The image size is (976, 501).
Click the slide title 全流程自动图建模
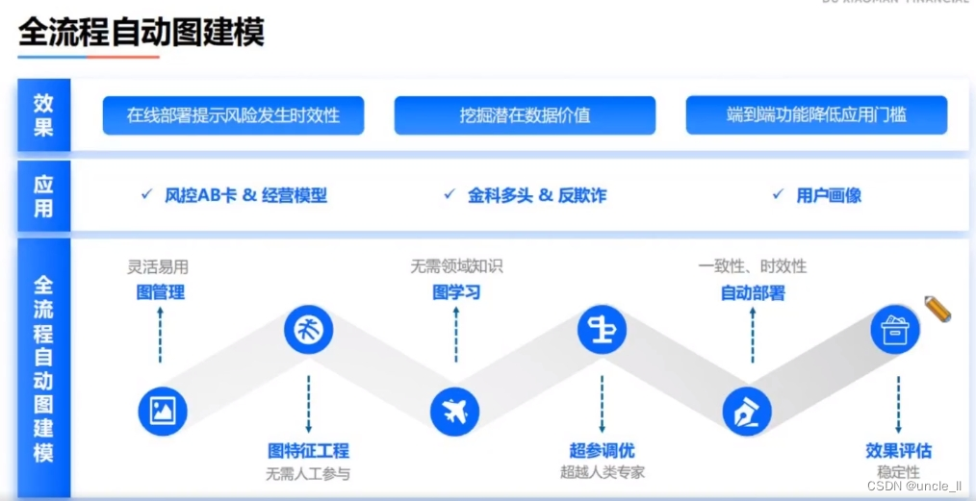(141, 34)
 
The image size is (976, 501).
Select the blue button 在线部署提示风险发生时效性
(233, 115)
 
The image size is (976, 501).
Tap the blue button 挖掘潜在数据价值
(525, 115)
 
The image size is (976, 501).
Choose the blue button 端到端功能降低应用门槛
(816, 115)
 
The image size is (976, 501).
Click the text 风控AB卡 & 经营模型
(245, 195)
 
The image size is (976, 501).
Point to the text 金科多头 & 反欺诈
(537, 195)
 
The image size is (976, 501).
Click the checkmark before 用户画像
(778, 194)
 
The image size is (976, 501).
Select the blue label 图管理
(160, 292)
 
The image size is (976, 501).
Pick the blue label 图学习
(456, 292)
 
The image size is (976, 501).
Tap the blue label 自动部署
(753, 292)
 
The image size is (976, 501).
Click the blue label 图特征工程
(308, 450)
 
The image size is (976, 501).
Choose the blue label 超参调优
(603, 450)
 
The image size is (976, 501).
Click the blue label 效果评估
(898, 450)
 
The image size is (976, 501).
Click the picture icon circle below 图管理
(162, 412)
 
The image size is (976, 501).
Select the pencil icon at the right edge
(937, 309)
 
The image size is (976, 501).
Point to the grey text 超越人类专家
(603, 472)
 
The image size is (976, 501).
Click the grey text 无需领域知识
(456, 266)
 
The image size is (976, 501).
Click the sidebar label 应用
(43, 195)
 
